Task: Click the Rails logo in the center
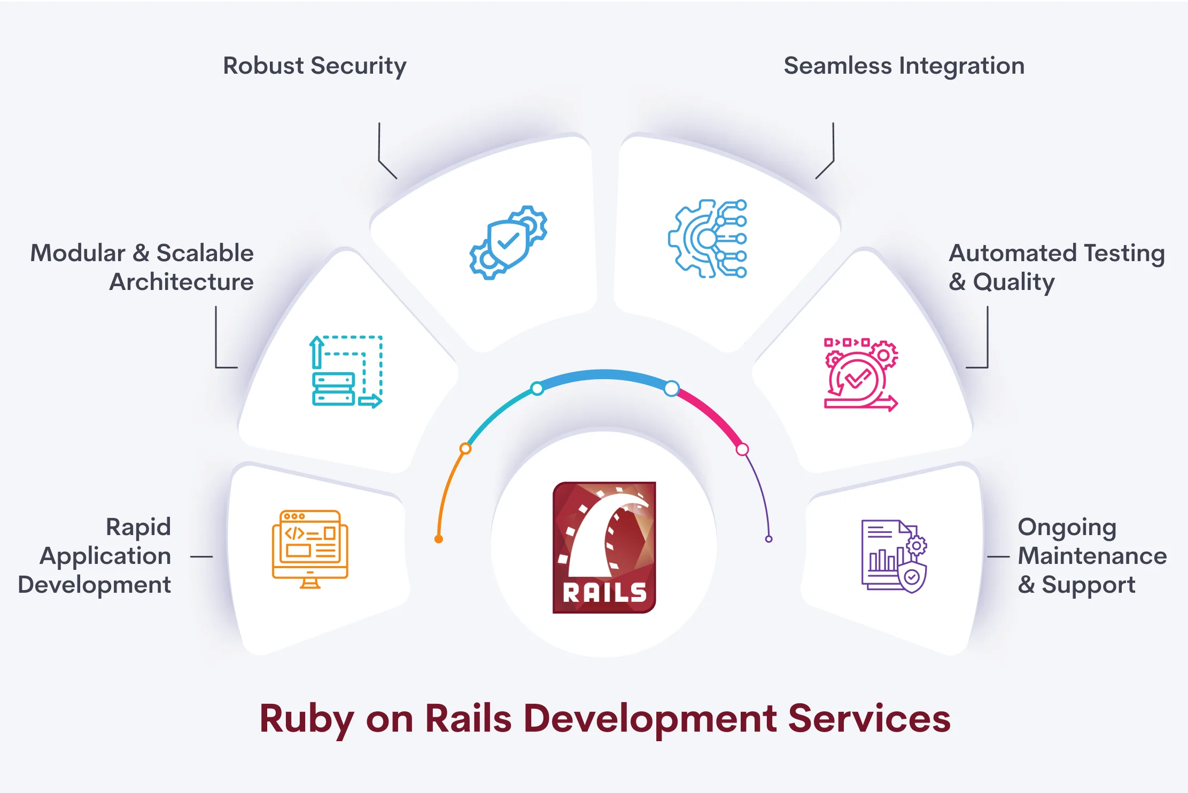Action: (604, 547)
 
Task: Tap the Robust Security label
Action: (314, 66)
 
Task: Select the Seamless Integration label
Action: (904, 66)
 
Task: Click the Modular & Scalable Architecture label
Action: (142, 267)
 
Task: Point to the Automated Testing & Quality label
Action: (1056, 267)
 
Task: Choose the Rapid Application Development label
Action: (95, 555)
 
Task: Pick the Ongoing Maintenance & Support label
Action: (1091, 555)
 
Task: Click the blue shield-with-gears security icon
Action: (508, 242)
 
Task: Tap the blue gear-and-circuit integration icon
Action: (708, 239)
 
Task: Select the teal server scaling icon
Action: (346, 372)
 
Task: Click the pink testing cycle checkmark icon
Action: (860, 375)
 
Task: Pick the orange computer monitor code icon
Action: (310, 549)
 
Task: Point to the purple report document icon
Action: (894, 555)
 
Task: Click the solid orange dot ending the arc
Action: (439, 539)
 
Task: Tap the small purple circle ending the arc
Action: (768, 539)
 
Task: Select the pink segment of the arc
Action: (712, 414)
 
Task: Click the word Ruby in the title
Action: (306, 719)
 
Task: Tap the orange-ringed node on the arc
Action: (465, 449)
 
